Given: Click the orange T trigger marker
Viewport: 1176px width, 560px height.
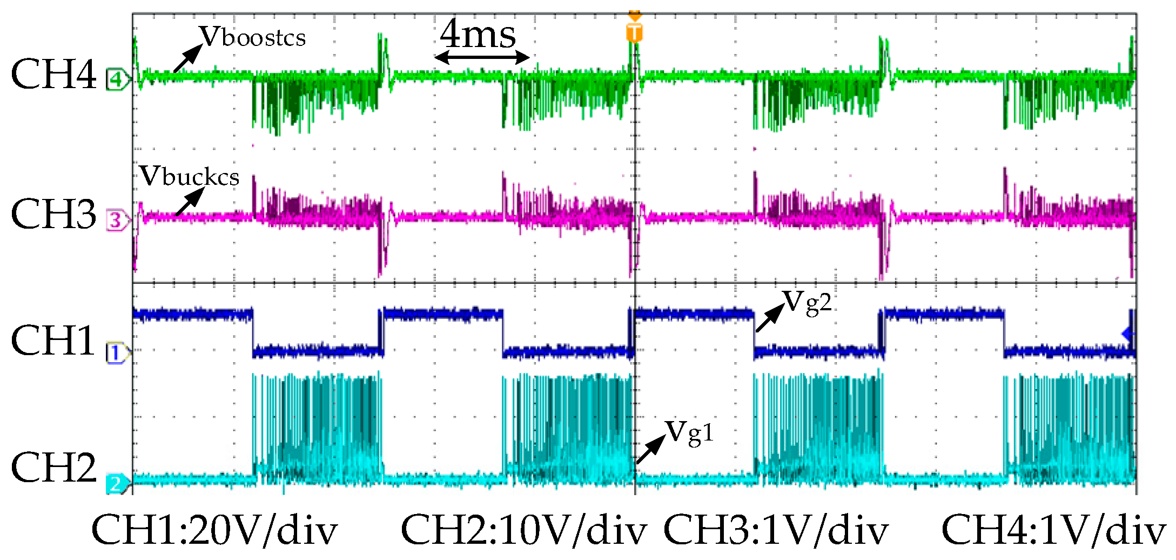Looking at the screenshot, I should point(635,32).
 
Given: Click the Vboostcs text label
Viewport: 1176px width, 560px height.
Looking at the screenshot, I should point(253,37).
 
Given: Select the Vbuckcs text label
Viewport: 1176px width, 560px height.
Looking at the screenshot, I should point(189,176).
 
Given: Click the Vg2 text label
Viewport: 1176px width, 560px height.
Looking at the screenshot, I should point(807,303).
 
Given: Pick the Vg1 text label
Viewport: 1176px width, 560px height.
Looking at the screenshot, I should point(689,433).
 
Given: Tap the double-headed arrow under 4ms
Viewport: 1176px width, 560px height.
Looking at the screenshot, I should point(482,57).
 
